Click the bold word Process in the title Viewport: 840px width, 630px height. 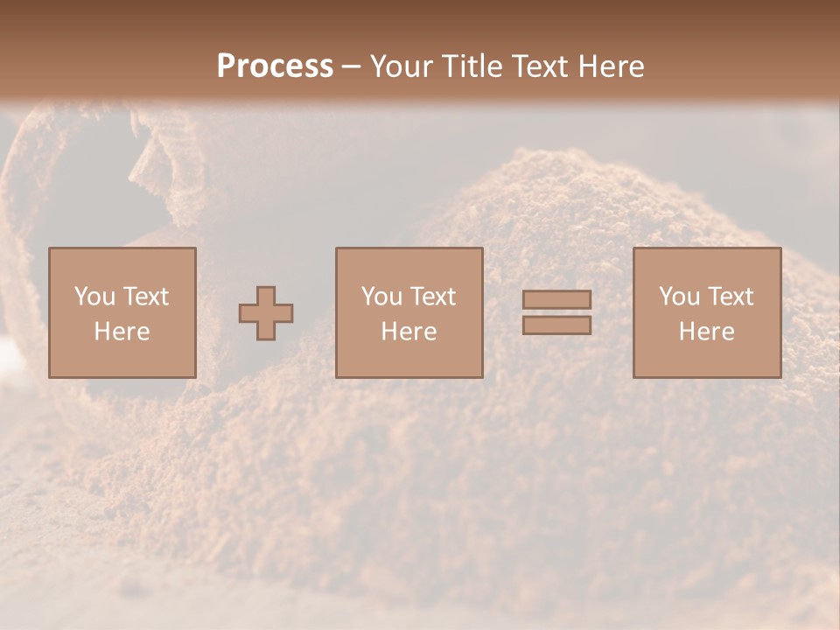coord(275,66)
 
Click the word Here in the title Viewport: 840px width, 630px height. coord(612,66)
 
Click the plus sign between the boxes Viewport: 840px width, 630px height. coord(266,313)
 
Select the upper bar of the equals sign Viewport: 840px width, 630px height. coord(556,300)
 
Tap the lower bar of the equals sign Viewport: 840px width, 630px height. coord(556,325)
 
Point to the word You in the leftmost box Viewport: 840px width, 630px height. coord(94,297)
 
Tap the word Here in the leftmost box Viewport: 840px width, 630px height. coord(122,332)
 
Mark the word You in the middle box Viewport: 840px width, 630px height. coord(381,297)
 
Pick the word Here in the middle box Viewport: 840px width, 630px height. coord(409,332)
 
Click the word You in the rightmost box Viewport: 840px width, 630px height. coord(679,297)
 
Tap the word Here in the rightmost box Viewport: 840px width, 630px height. coord(707,332)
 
